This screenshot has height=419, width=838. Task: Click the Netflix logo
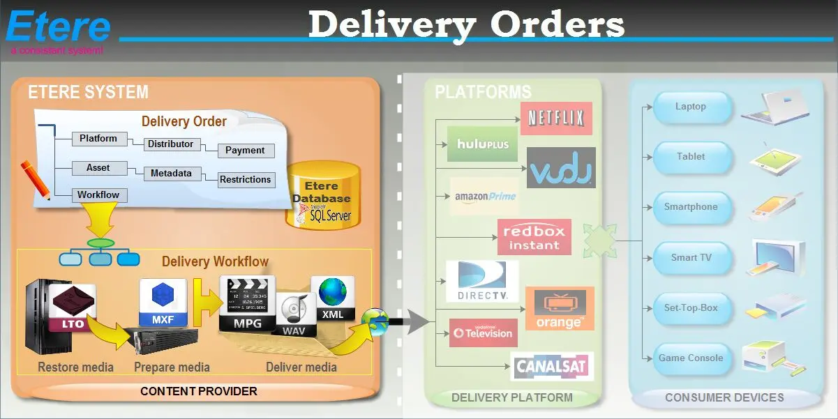click(x=555, y=118)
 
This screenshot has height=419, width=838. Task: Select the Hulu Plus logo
click(x=483, y=144)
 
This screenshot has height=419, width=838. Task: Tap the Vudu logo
click(x=561, y=168)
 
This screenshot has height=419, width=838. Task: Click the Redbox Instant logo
click(x=534, y=237)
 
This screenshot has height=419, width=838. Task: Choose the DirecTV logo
click(x=482, y=281)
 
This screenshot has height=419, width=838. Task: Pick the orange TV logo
click(x=559, y=309)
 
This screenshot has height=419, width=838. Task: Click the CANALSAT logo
click(x=552, y=366)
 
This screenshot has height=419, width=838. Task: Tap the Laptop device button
click(x=691, y=107)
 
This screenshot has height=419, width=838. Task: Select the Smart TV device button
click(x=691, y=257)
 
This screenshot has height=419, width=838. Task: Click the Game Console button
click(x=691, y=358)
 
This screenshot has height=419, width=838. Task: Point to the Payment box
click(x=245, y=150)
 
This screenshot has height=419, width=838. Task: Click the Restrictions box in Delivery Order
click(x=245, y=179)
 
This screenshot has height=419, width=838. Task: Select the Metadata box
click(x=171, y=174)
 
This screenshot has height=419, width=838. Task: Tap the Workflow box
click(x=98, y=195)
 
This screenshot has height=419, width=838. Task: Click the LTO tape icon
click(x=73, y=307)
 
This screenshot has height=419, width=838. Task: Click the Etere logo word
click(x=59, y=27)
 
